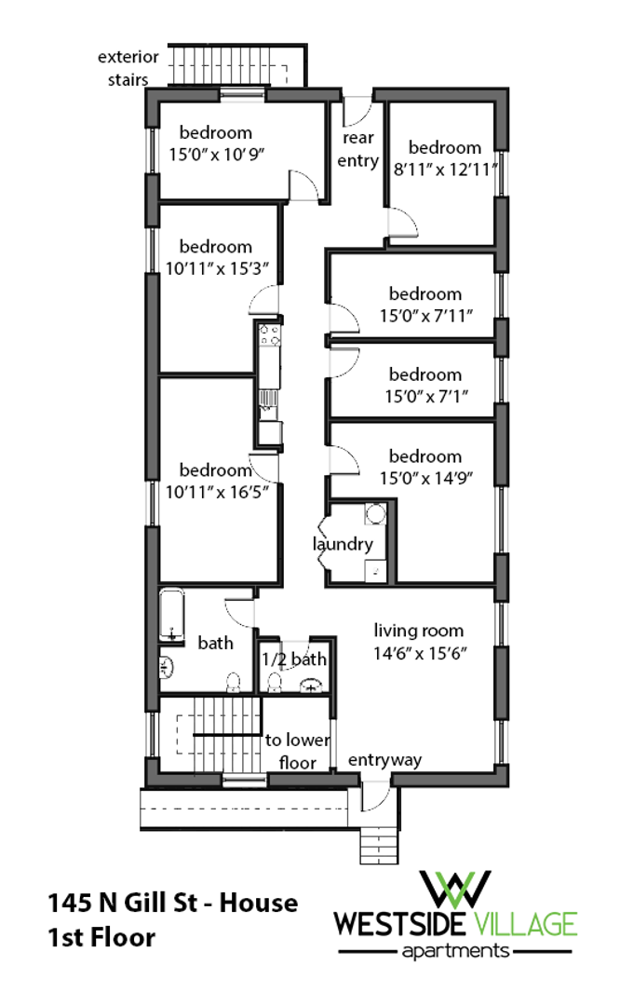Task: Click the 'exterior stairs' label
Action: click(128, 68)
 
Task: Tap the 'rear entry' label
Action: click(358, 149)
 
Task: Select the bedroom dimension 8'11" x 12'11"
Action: click(445, 170)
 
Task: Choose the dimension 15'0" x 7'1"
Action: click(425, 396)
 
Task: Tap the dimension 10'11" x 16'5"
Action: click(217, 492)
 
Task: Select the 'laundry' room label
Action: click(343, 545)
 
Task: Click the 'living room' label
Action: click(418, 631)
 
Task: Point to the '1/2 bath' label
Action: click(294, 659)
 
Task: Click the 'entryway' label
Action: click(384, 761)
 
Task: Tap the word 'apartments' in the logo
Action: click(456, 951)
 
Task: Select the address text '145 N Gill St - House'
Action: click(173, 903)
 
